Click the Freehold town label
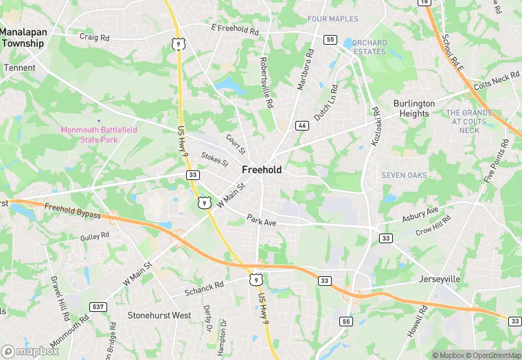pos(261,170)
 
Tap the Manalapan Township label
pos(22,38)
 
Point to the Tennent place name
pos(20,68)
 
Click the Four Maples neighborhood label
pos(333,19)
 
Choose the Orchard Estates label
pos(370,47)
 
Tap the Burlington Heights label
pos(413,109)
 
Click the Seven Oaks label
pos(404,175)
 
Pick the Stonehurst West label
pos(159,315)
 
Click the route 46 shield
pos(302,126)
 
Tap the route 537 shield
pos(98,306)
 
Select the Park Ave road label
pos(261,221)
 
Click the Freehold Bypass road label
pos(72,210)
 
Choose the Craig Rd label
pos(94,36)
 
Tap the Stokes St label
pos(214,159)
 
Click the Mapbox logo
pos(30,351)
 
